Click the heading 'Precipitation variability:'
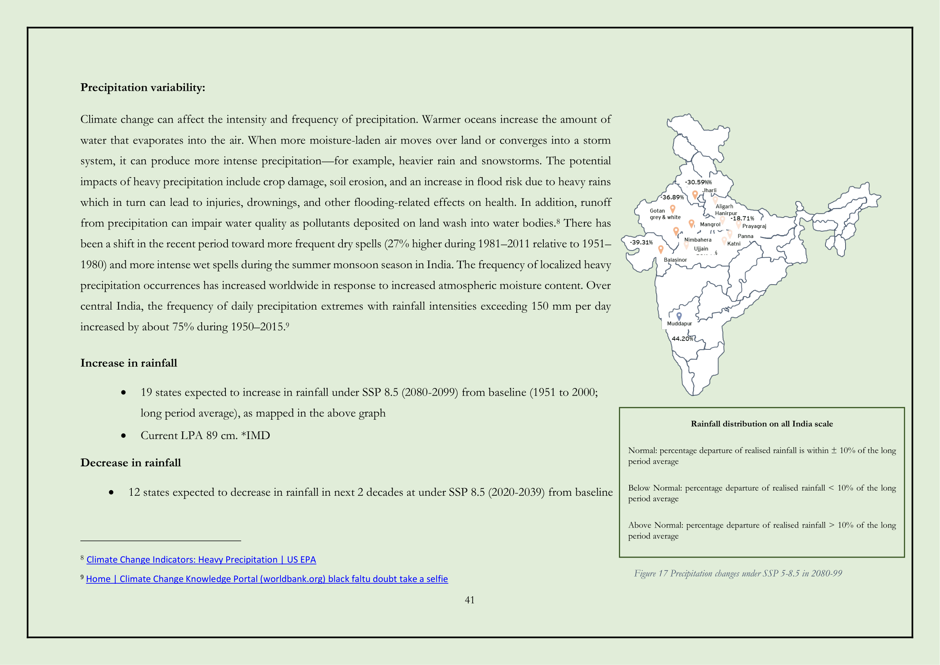pyautogui.click(x=143, y=88)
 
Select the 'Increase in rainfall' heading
pyautogui.click(x=129, y=363)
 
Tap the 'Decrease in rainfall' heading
pyautogui.click(x=130, y=463)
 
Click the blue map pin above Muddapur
pyautogui.click(x=679, y=316)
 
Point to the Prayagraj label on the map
pyautogui.click(x=754, y=226)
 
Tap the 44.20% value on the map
pyautogui.click(x=682, y=339)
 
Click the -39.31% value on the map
pyautogui.click(x=641, y=242)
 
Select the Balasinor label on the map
pyautogui.click(x=675, y=260)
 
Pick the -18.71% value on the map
pyautogui.click(x=742, y=219)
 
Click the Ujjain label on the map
pyautogui.click(x=701, y=248)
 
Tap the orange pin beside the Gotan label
pyautogui.click(x=672, y=209)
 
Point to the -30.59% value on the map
pyautogui.click(x=698, y=182)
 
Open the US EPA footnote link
pyautogui.click(x=201, y=560)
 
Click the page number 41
pyautogui.click(x=469, y=600)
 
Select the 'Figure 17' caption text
pyautogui.click(x=738, y=573)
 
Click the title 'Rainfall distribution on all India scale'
pyautogui.click(x=762, y=424)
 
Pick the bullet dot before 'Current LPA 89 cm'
pyautogui.click(x=124, y=436)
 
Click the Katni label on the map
pyautogui.click(x=734, y=244)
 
